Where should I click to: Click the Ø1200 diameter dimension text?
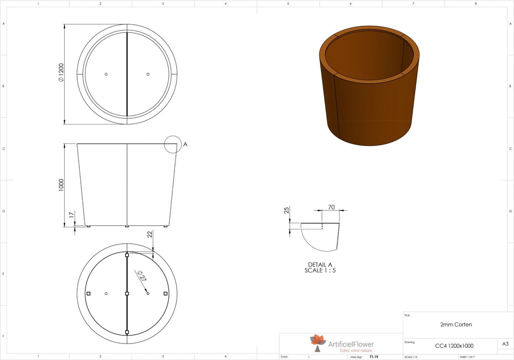[61, 74]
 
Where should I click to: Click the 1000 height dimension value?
[61, 185]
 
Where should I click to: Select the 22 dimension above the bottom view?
[150, 234]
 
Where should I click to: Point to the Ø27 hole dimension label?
[140, 276]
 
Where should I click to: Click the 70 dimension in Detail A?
[331, 207]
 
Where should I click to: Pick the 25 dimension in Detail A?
[287, 210]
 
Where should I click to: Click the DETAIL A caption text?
[320, 264]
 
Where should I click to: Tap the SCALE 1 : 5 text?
[320, 270]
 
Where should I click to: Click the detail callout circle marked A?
[173, 145]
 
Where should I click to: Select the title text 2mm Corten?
[456, 325]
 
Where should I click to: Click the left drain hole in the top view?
[106, 74]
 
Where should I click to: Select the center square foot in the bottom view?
[127, 294]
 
